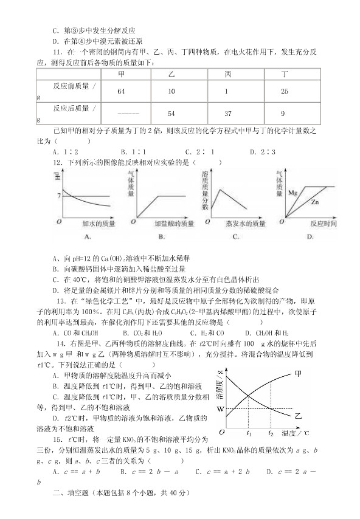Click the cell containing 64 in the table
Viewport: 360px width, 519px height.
tap(121, 91)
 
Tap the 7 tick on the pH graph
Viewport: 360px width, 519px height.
tap(57, 196)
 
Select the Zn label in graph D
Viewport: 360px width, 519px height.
tap(315, 202)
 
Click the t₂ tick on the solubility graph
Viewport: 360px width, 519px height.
tap(271, 433)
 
